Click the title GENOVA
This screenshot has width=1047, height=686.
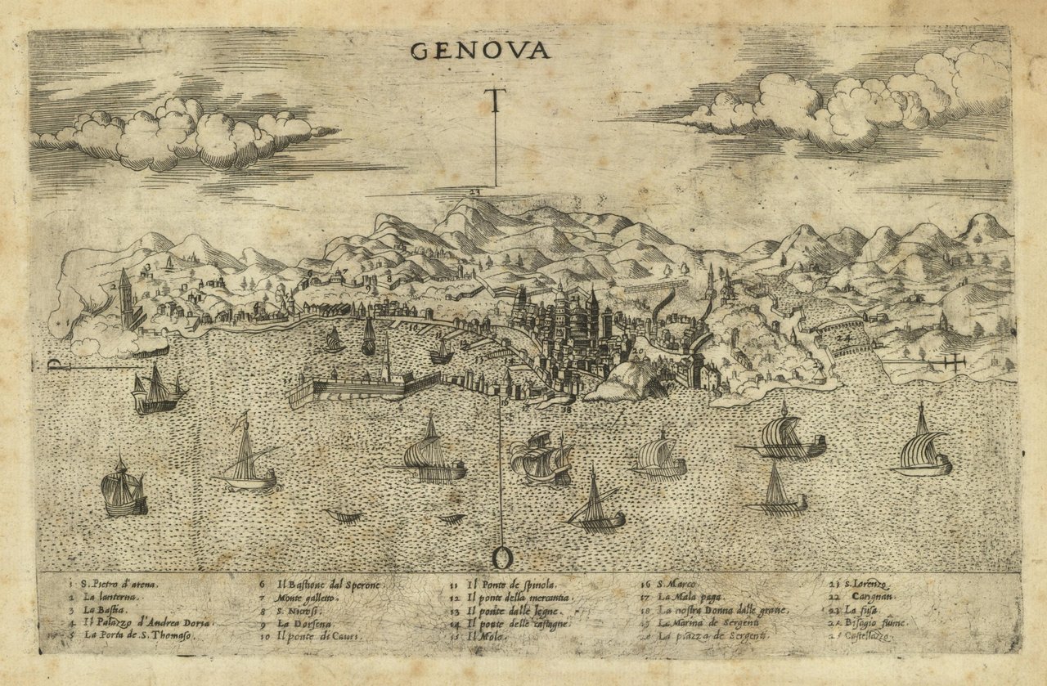(479, 51)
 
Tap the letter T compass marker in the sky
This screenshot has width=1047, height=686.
(496, 102)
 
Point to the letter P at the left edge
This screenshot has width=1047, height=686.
(54, 365)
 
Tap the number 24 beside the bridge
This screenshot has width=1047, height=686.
(844, 336)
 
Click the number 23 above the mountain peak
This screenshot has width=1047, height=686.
(475, 191)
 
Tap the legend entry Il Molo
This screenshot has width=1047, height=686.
(485, 635)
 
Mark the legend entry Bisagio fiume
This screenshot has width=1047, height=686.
(874, 623)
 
